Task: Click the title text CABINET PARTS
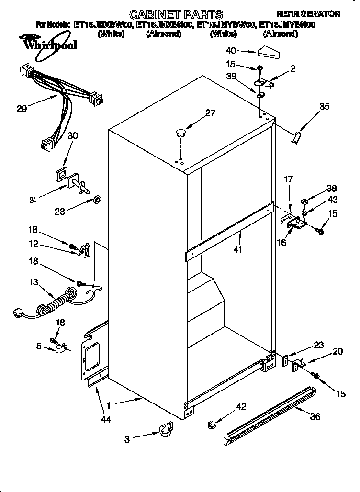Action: click(177, 14)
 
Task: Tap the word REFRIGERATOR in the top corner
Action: click(309, 13)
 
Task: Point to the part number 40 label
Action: click(231, 50)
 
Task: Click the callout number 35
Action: click(324, 106)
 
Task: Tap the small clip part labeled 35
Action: click(297, 138)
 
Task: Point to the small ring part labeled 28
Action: click(96, 199)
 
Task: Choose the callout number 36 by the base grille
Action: click(315, 416)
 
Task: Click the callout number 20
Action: click(337, 351)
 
